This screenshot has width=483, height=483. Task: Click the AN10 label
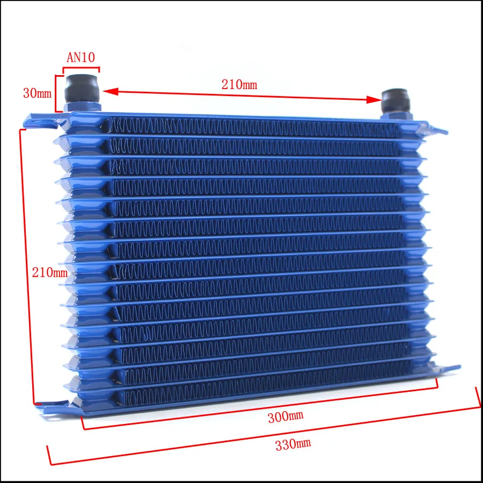(80, 57)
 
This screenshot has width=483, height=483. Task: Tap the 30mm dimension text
(37, 93)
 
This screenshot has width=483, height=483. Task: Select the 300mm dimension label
(286, 417)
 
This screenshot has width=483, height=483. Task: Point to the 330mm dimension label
(293, 444)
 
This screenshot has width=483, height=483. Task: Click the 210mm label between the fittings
(239, 84)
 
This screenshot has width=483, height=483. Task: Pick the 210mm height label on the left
(49, 272)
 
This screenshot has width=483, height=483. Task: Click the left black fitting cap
(82, 88)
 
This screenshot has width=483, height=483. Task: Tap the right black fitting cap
(396, 100)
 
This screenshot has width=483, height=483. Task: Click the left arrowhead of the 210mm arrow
(110, 91)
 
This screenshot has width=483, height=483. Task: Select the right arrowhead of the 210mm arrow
(374, 99)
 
